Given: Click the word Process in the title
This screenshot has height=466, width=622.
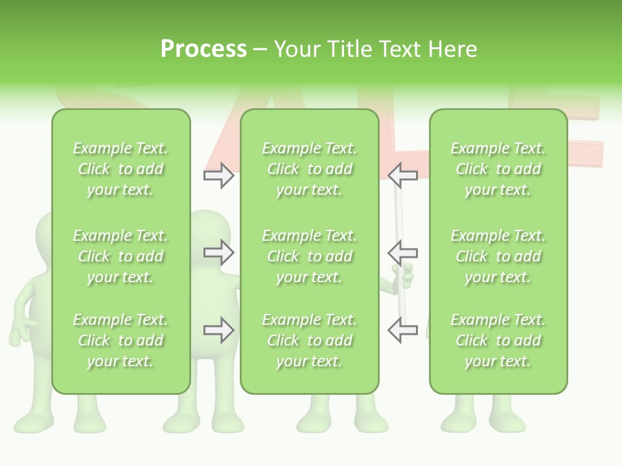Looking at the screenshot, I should pos(203,49).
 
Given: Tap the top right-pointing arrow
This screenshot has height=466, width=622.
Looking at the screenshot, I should pos(218,175).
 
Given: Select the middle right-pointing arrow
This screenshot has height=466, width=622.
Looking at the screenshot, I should pos(218,252).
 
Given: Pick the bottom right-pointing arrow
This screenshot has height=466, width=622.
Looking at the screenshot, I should pos(218,330).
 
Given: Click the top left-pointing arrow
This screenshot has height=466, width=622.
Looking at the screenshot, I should pos(402,175).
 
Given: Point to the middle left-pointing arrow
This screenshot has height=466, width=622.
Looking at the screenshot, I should pos(402,252).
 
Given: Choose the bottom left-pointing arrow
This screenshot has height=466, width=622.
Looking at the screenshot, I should pos(402,330).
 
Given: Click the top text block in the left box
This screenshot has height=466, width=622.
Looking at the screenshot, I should pos(121,169).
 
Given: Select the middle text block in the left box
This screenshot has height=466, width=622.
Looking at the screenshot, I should pos(121,256).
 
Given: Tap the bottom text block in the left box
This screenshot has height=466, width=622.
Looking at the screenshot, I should pos(121,340).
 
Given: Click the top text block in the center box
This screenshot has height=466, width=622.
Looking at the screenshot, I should pos(309,169).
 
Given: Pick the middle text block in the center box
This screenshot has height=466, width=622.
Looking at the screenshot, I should pos(309,256).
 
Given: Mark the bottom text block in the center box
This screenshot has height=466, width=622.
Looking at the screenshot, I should pos(309,340).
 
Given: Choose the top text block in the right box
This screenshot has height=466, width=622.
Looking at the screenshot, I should pos(498,169).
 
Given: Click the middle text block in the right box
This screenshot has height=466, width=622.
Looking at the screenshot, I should pos(498,256).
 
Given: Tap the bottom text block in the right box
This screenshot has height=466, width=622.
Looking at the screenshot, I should pos(498,340).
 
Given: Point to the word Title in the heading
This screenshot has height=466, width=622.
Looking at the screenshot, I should pos(351,49).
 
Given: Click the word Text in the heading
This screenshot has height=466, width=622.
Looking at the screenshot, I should pos(399,49).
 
